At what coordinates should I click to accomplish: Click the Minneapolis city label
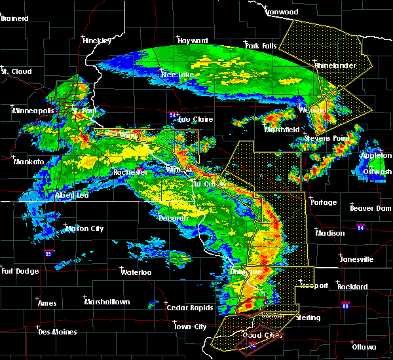point(33,111)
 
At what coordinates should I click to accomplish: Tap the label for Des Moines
point(57,332)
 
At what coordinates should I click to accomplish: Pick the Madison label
point(329,234)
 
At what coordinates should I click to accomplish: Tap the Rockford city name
point(353,287)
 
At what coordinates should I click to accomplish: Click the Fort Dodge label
point(20,271)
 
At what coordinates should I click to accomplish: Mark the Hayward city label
point(193,41)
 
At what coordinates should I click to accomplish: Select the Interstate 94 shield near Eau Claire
point(172,115)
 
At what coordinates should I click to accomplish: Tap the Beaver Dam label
point(370,208)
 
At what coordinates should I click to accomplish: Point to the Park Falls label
point(261,46)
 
